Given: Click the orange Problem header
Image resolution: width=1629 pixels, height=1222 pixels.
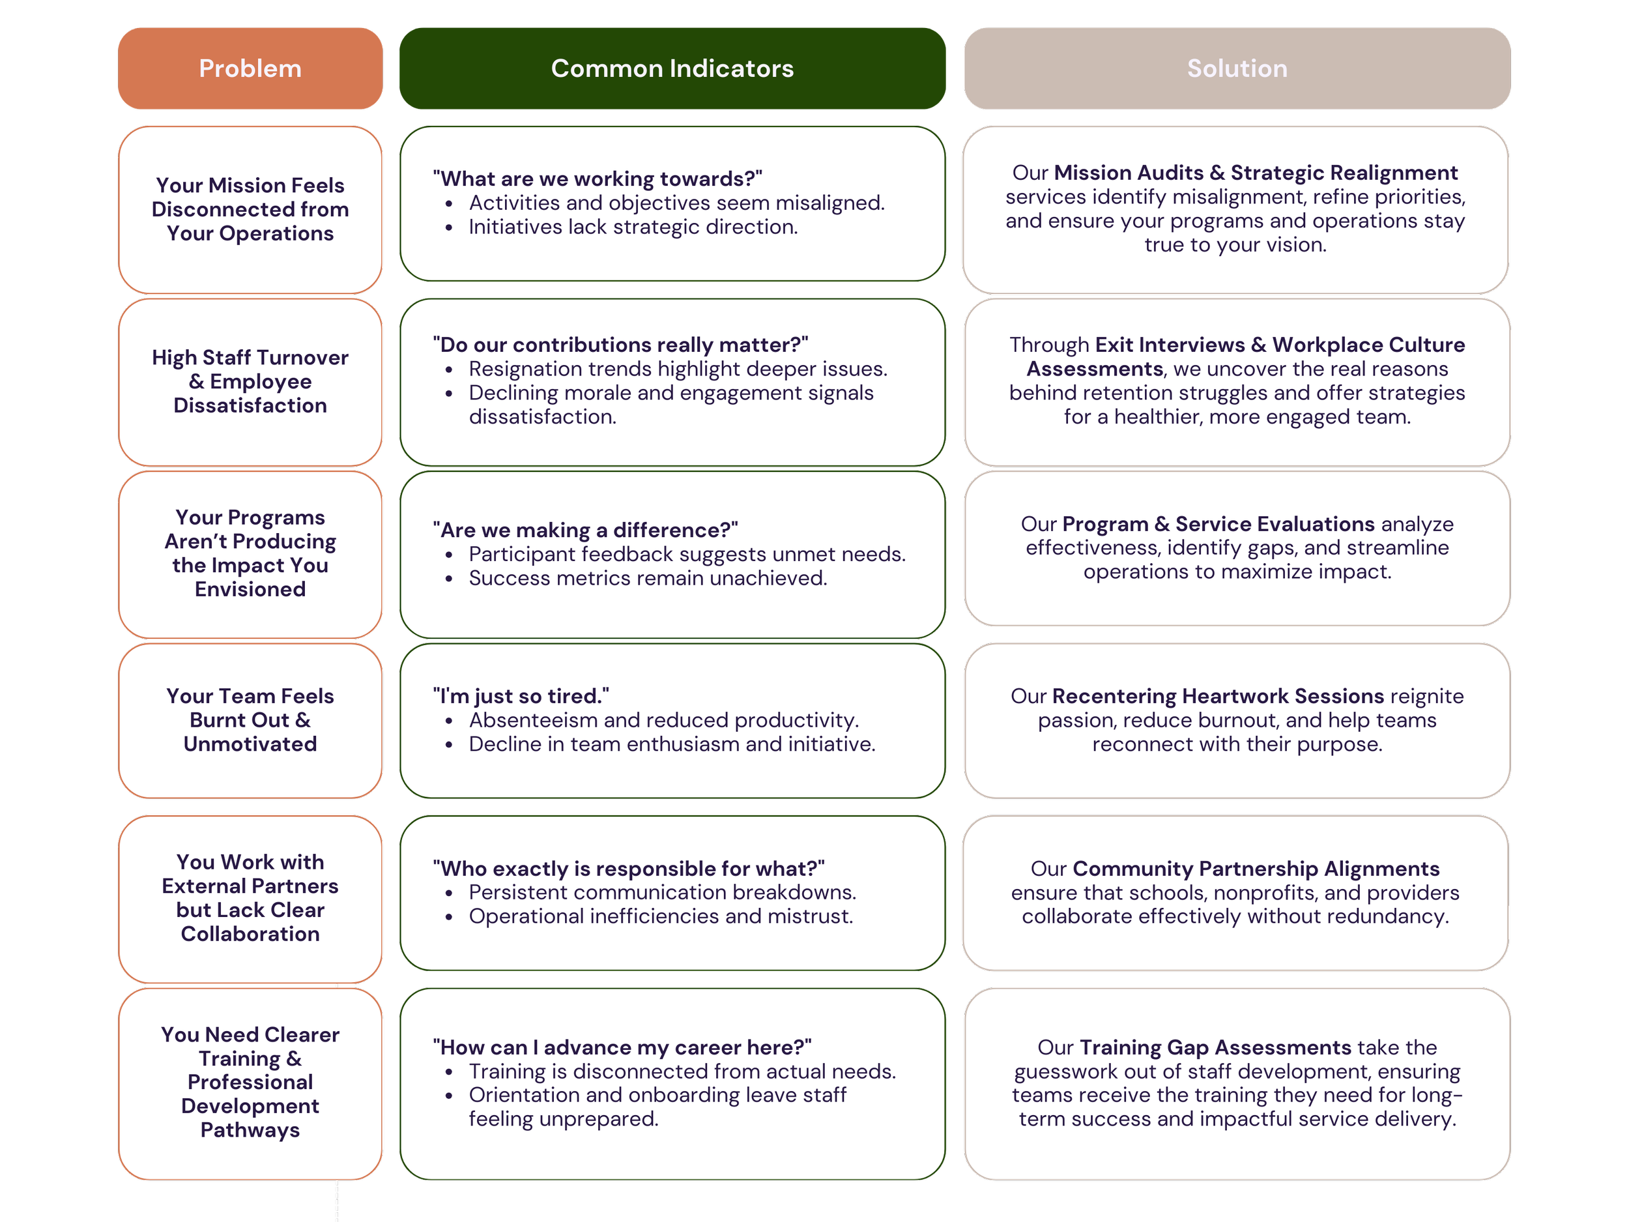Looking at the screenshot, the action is point(250,68).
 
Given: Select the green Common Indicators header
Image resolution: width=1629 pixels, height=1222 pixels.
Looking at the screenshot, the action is point(672,68).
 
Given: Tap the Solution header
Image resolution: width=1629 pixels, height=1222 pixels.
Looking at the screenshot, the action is point(1237,68).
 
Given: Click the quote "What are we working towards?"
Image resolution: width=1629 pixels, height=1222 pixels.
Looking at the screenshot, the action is point(598,179).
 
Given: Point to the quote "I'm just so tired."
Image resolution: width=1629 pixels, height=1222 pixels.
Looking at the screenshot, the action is point(521,696).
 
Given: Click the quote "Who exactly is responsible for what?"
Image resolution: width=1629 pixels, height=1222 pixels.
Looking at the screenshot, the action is point(628,869).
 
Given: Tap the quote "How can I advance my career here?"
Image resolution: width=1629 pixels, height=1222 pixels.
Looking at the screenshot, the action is point(622,1047).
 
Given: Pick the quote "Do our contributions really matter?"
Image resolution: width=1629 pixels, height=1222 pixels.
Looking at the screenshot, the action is point(620,345).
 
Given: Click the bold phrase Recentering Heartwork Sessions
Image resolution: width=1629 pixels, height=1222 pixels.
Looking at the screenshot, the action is point(1217,696).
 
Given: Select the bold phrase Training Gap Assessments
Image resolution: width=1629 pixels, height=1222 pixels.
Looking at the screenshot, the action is point(1215,1047).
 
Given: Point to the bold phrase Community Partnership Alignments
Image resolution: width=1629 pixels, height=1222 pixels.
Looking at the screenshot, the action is point(1256,869).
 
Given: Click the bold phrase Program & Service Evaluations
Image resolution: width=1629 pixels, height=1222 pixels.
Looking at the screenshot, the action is point(1218,524).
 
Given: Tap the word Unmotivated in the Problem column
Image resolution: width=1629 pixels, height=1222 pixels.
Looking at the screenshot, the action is point(250,744).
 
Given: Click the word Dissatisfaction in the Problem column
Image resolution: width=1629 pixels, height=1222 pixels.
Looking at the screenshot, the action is point(250,405).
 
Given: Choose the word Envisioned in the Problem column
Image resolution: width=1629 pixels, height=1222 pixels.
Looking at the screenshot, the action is point(250,589).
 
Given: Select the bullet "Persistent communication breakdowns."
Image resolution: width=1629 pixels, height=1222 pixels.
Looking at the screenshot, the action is point(662,892).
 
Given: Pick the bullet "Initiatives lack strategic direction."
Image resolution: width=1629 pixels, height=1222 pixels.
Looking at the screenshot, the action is point(633,227).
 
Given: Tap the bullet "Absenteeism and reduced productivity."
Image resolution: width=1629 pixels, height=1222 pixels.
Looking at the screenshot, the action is point(663,720).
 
